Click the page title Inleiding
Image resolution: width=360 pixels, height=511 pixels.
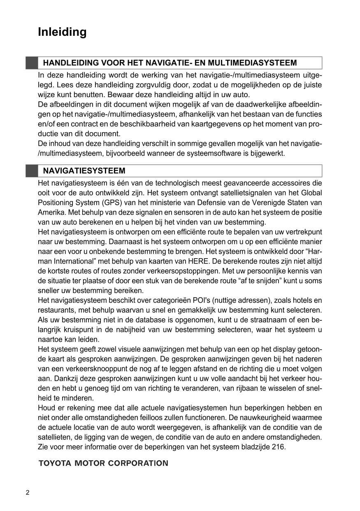point(62,32)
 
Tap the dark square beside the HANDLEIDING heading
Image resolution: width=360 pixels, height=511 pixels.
point(32,63)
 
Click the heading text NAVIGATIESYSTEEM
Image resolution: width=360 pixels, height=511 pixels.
point(84,171)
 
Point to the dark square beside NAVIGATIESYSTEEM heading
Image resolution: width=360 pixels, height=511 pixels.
point(32,171)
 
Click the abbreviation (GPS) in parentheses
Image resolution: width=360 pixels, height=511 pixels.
point(107,203)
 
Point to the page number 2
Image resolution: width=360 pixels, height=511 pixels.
point(28,493)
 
